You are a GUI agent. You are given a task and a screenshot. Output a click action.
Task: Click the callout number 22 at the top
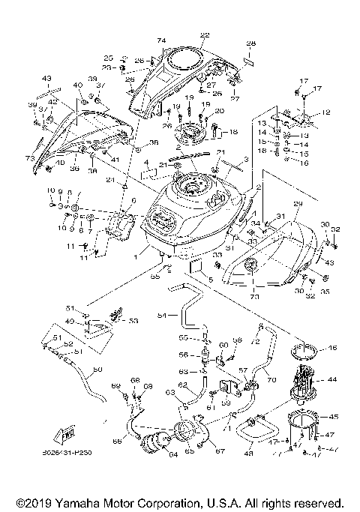tap(205, 34)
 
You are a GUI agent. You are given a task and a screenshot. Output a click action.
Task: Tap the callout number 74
tap(160, 39)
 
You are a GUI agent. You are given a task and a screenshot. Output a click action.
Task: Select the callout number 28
tap(251, 43)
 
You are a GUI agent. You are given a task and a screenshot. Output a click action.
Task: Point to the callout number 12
tap(325, 112)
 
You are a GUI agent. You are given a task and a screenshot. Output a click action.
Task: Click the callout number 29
tap(297, 203)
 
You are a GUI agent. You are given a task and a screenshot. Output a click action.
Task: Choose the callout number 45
tap(334, 416)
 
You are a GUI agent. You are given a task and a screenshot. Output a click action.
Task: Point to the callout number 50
tap(96, 369)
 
